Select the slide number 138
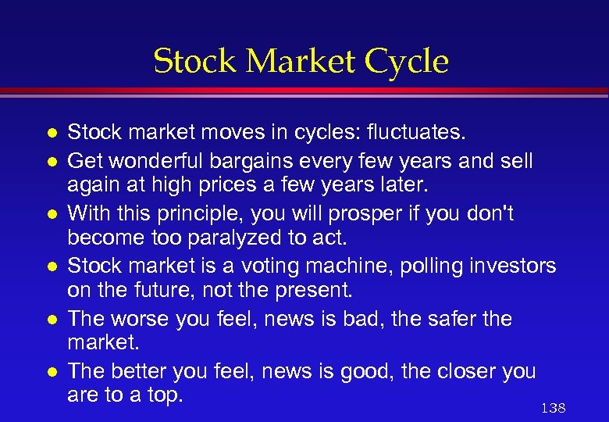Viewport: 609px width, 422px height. point(552,409)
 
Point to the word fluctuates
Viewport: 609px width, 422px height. point(421,134)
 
